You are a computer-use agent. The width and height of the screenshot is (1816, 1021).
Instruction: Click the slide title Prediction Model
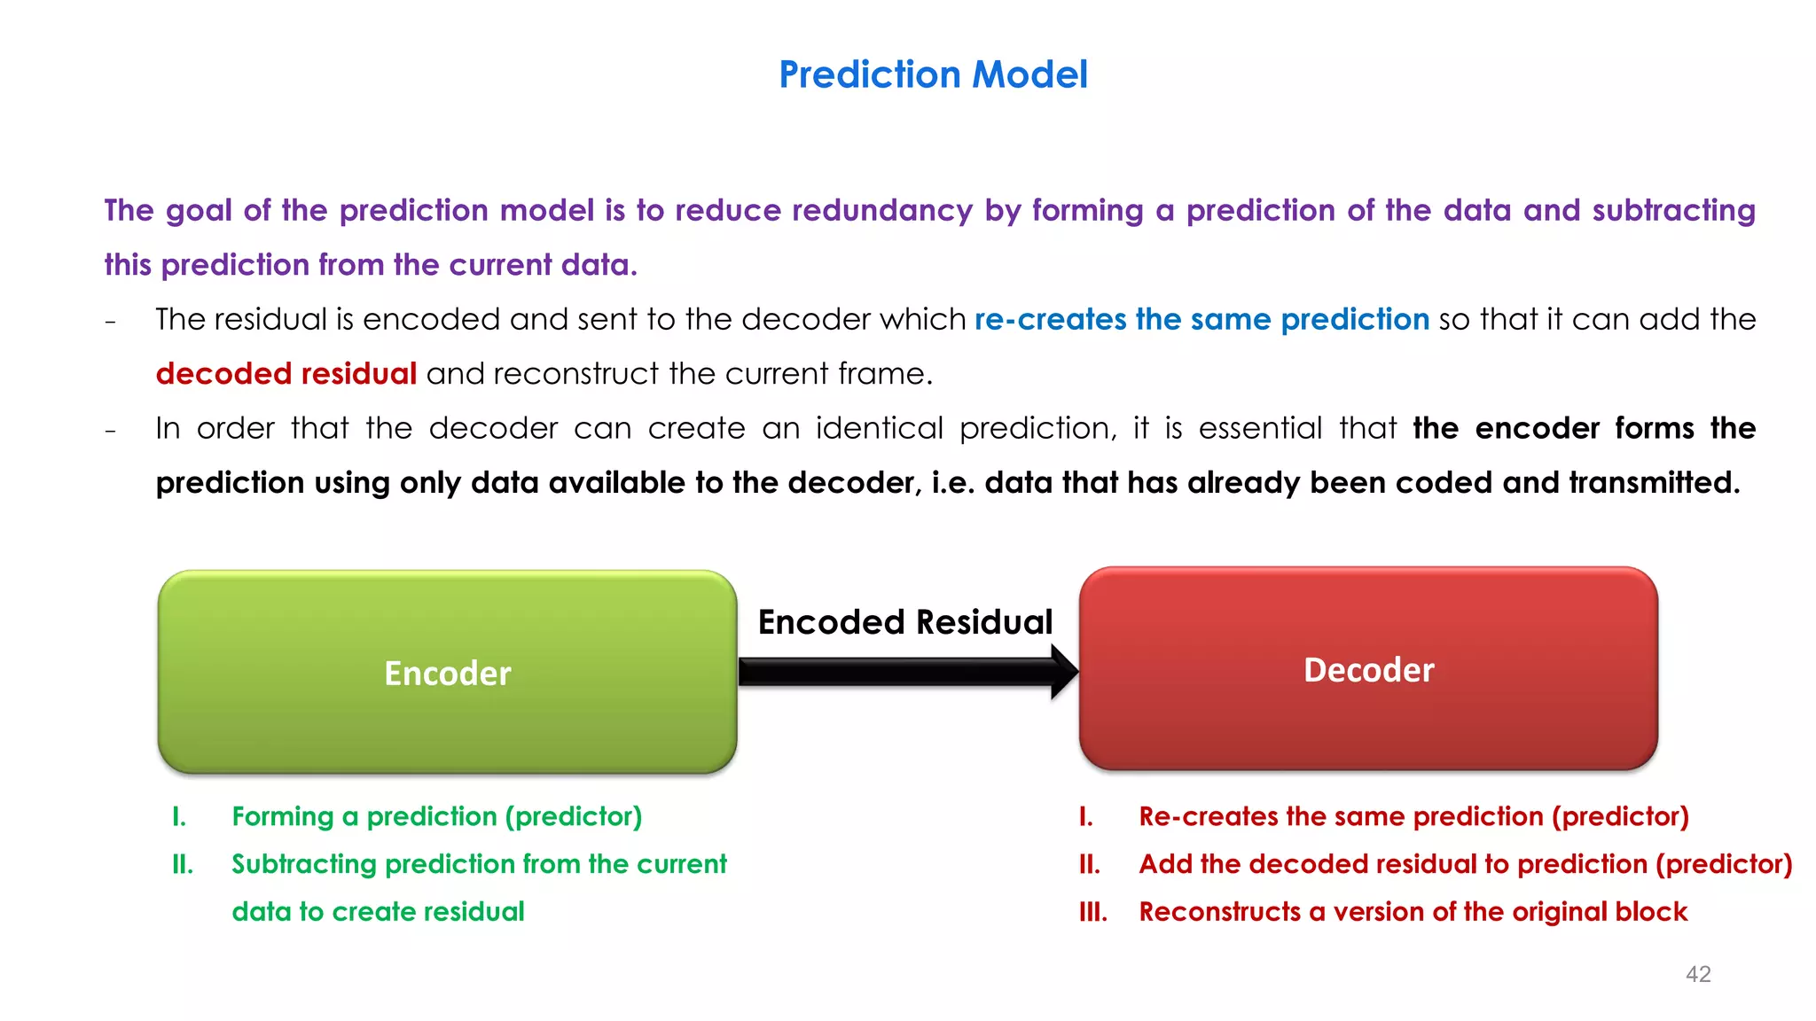point(933,74)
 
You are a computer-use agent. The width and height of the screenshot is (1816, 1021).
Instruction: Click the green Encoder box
point(447,673)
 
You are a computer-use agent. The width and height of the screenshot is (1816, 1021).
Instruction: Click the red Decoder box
point(1368,670)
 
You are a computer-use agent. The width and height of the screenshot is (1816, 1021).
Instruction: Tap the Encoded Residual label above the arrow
point(904,622)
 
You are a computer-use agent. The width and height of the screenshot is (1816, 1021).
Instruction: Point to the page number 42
point(1697,974)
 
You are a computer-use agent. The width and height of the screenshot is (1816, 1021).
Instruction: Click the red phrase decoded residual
point(286,374)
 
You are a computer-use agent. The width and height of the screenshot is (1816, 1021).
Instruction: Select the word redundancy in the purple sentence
point(881,211)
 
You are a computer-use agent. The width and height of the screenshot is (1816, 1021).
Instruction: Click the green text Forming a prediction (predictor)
point(436,816)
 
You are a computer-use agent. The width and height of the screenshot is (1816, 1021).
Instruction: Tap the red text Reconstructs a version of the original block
point(1413,912)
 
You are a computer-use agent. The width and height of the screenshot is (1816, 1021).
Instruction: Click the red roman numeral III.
point(1092,912)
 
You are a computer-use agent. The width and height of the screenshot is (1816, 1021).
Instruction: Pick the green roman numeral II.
point(183,864)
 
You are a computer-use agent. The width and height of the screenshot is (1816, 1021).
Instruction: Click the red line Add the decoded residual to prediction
point(1465,864)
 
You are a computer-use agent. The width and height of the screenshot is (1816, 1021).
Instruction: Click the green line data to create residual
point(378,912)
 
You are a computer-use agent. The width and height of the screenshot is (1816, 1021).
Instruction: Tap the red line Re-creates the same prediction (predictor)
point(1413,816)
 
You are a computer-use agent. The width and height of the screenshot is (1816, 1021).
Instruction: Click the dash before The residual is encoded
point(110,322)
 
